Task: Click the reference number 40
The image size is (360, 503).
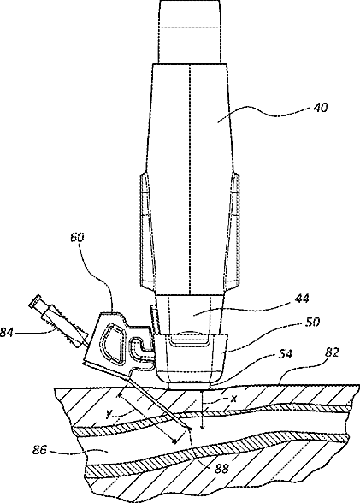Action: coord(321,108)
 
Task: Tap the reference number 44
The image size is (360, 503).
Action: coord(301,299)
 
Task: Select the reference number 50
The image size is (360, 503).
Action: coord(313,322)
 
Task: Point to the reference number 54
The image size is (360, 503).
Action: coord(285,354)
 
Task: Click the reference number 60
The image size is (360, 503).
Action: coord(77,237)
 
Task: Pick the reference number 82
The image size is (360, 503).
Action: coord(332,352)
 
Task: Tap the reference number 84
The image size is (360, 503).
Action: coord(7,333)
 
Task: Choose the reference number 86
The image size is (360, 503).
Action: coord(39,450)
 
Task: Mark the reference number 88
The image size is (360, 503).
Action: coord(221,469)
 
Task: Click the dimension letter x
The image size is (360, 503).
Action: coord(234,399)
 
